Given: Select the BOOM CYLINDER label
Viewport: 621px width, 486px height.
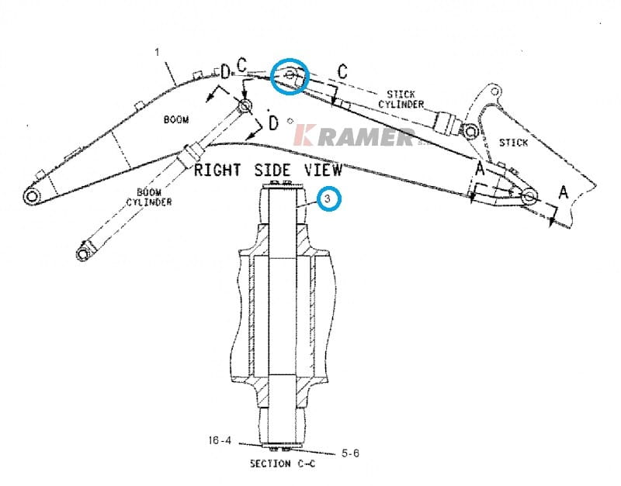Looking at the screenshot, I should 149,197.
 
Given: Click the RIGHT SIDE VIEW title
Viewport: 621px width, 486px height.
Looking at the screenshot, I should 268,171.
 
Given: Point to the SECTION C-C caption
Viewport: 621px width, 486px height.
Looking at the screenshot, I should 282,464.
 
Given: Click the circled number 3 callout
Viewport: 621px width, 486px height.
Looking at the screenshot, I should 329,199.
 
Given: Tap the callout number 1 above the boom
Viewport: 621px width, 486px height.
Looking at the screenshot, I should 157,52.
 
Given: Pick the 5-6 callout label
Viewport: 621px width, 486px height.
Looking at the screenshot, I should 350,453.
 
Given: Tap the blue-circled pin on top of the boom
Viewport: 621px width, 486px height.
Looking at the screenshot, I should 290,76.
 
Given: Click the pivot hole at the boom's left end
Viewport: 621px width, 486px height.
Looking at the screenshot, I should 32,198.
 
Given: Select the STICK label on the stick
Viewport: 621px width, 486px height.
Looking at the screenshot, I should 512,143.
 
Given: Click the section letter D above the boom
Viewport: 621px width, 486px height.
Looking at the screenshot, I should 226,73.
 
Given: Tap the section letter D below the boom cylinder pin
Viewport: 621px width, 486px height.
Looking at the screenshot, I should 272,122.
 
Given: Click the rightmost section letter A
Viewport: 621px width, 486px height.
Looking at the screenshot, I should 564,191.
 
